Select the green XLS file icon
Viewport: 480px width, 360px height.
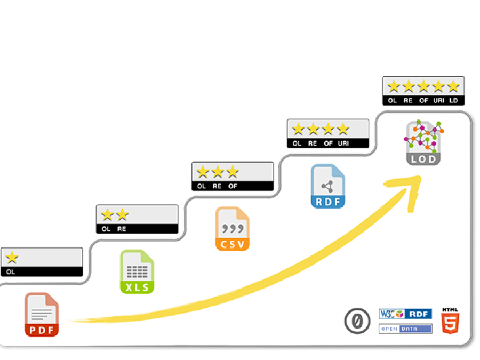pos(137,271)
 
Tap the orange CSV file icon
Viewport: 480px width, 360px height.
pos(233,229)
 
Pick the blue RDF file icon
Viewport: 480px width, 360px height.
pos(328,186)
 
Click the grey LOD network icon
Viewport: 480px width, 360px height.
pos(424,142)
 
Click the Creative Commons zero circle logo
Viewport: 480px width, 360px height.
pos(357,322)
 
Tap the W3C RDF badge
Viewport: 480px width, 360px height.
pos(405,314)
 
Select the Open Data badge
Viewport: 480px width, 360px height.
pos(405,329)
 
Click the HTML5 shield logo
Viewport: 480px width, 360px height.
pos(450,321)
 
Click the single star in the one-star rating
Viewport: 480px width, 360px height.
pos(12,258)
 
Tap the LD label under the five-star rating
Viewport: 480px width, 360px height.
pos(453,101)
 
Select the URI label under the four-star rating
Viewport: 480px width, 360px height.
pos(343,143)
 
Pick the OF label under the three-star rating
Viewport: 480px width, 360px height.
pos(233,186)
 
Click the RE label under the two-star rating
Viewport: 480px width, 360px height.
pos(122,229)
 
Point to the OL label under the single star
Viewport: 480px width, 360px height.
pos(11,271)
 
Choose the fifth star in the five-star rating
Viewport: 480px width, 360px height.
pos(453,86)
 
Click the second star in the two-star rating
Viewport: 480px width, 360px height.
pos(122,214)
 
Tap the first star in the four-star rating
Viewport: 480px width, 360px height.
pos(298,129)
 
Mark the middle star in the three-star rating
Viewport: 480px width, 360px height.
pos(218,172)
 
